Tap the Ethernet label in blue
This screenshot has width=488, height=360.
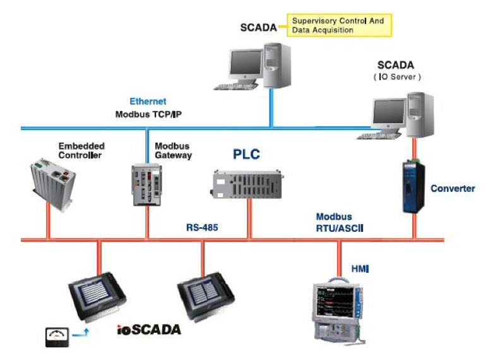[148, 101]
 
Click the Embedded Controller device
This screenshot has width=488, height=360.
[54, 184]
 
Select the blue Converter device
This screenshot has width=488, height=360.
[414, 186]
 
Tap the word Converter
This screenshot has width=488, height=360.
[453, 188]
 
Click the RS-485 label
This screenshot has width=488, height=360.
[202, 226]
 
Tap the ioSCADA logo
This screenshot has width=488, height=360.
[149, 329]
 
